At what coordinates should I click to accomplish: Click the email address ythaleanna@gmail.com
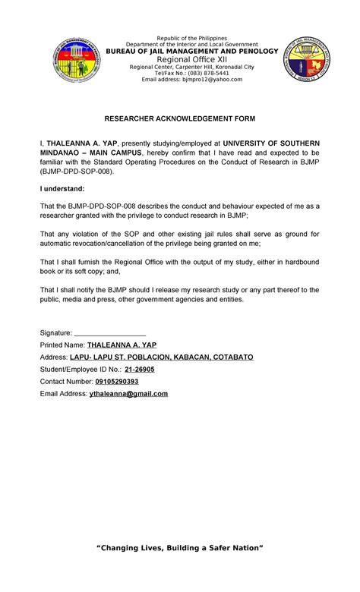click(x=128, y=393)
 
